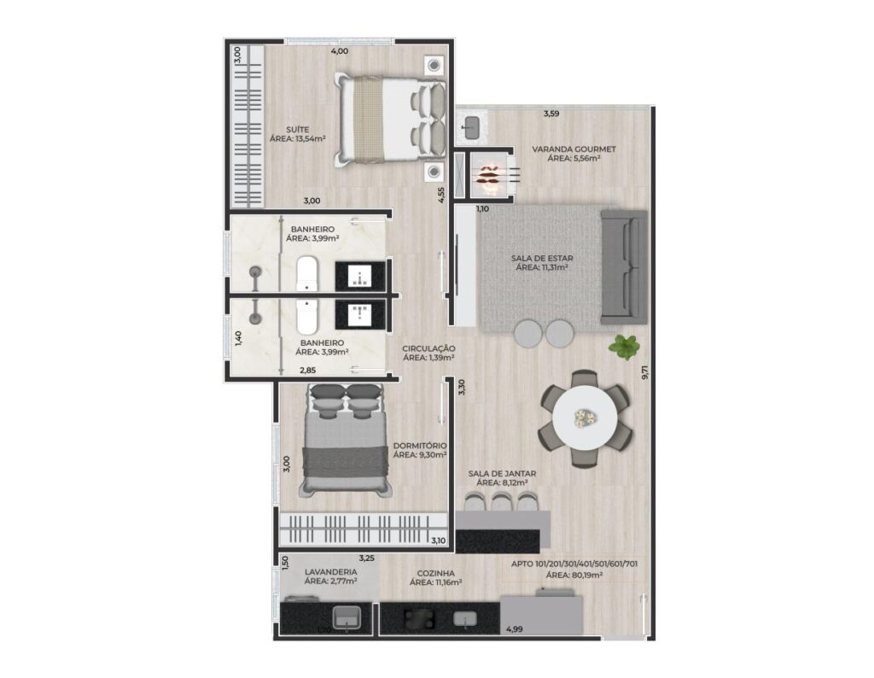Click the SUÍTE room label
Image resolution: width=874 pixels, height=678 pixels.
pyautogui.click(x=298, y=129)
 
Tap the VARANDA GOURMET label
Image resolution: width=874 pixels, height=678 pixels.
pyautogui.click(x=574, y=149)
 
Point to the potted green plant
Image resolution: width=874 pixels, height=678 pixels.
pyautogui.click(x=624, y=347)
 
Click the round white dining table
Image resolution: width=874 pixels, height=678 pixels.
pyautogui.click(x=585, y=418)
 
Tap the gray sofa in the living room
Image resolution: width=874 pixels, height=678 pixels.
pyautogui.click(x=624, y=267)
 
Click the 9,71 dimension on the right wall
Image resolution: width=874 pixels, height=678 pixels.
pyautogui.click(x=645, y=372)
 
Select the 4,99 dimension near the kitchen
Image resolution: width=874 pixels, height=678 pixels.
pyautogui.click(x=514, y=629)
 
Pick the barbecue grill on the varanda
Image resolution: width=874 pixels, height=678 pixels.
pyautogui.click(x=490, y=172)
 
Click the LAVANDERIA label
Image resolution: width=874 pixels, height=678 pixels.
pyautogui.click(x=330, y=572)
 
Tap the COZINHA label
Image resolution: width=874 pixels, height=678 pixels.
pyautogui.click(x=435, y=573)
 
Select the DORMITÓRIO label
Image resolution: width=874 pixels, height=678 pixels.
pyautogui.click(x=420, y=446)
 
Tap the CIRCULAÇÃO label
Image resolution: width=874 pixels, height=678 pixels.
pyautogui.click(x=428, y=348)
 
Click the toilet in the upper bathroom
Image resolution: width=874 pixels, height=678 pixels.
pyautogui.click(x=306, y=273)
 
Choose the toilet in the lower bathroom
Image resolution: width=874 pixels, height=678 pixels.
pyautogui.click(x=306, y=317)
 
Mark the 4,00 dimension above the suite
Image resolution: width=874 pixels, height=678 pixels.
pyautogui.click(x=340, y=51)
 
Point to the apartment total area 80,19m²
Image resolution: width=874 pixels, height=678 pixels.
pyautogui.click(x=574, y=576)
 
